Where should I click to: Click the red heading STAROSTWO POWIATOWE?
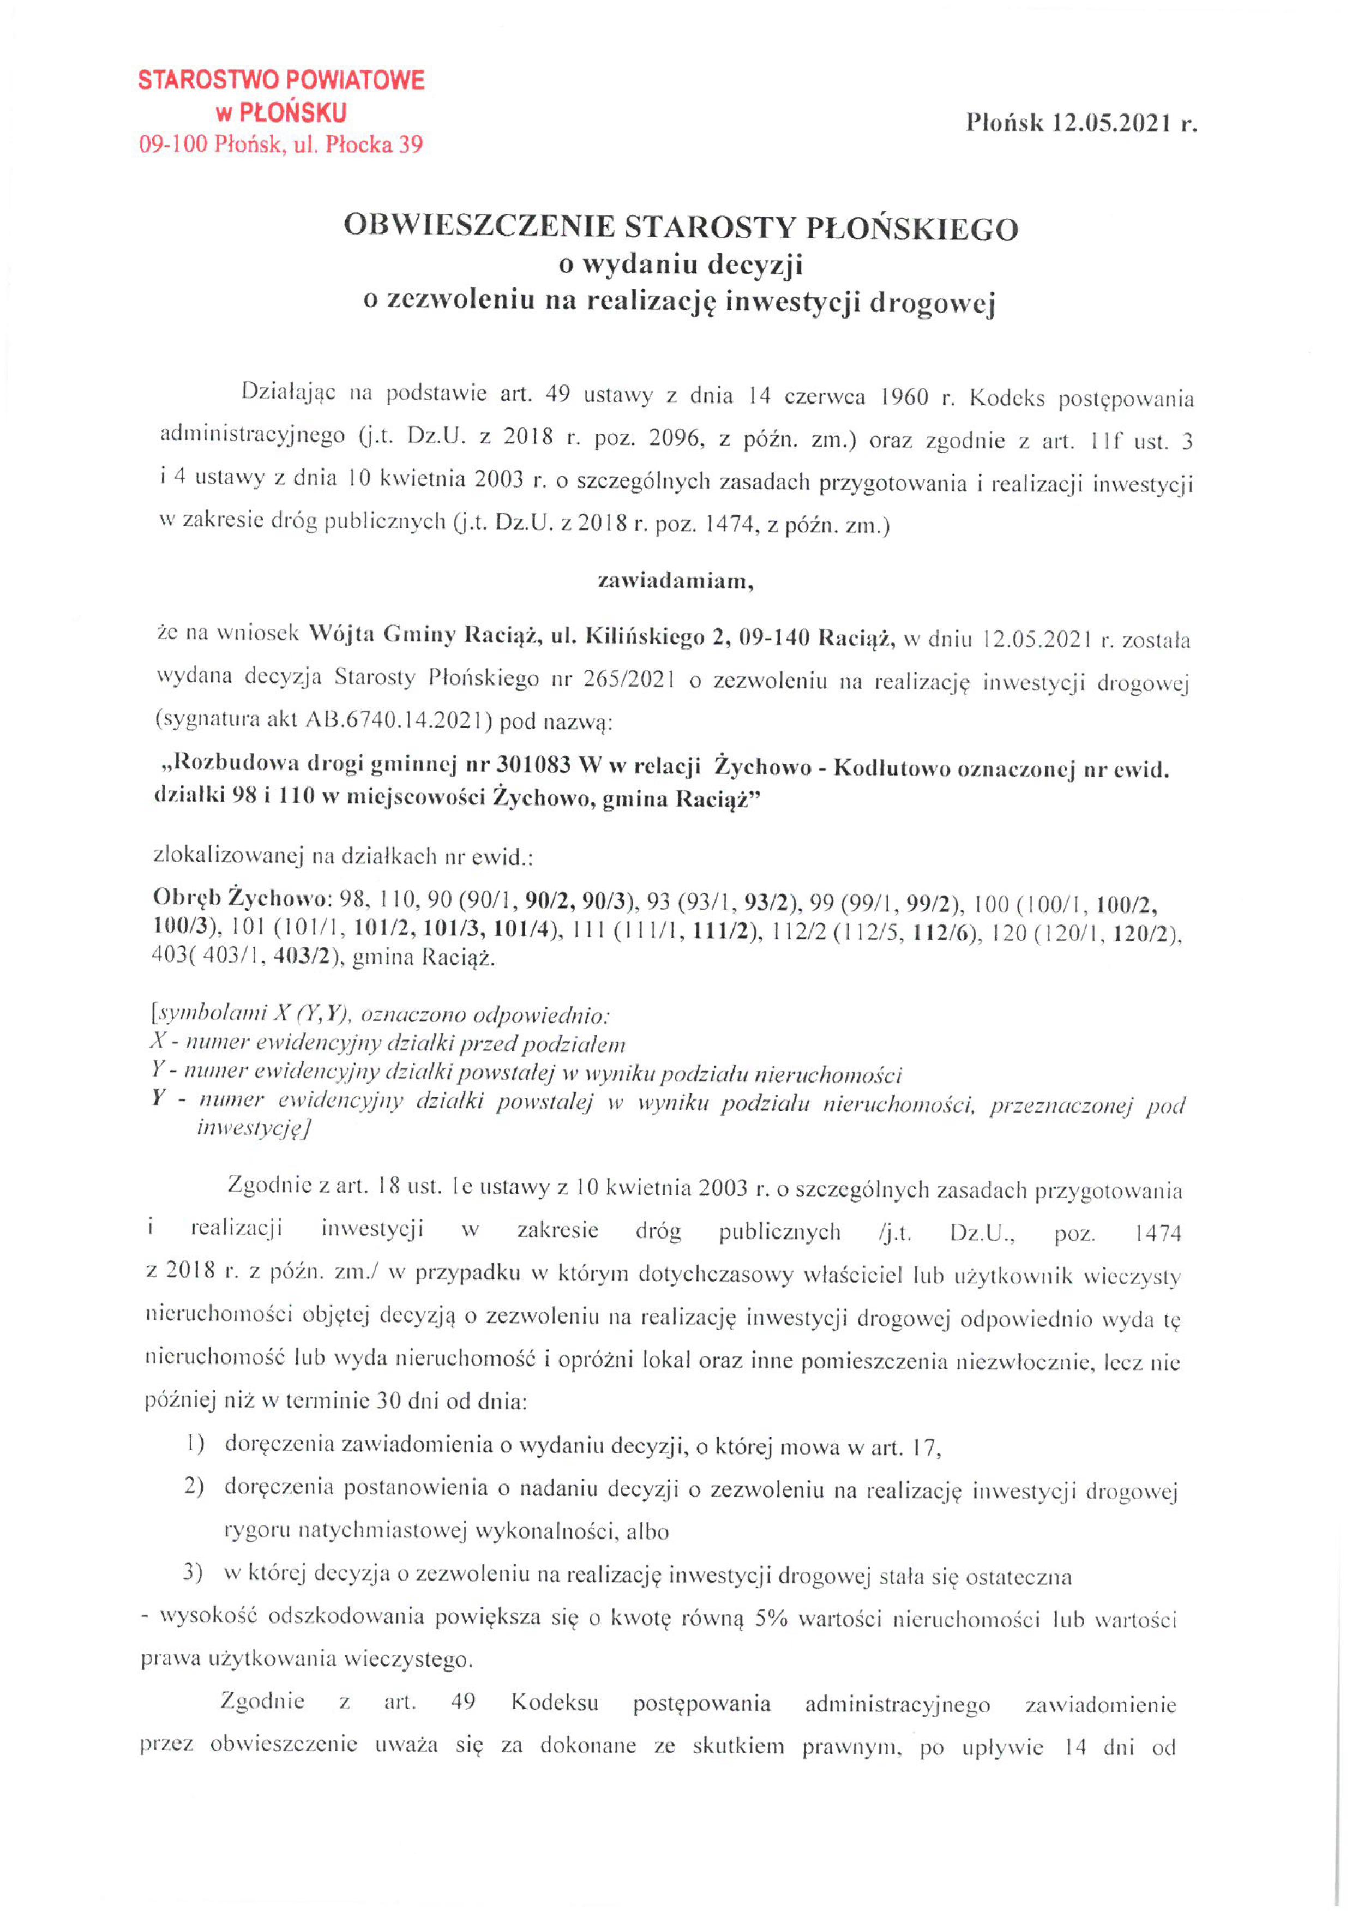(x=280, y=80)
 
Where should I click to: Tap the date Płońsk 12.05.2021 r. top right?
(x=1080, y=123)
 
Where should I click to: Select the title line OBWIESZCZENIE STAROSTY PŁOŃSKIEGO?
(x=681, y=227)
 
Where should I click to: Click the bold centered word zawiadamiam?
(x=675, y=582)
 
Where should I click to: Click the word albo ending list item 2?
(x=650, y=1533)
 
